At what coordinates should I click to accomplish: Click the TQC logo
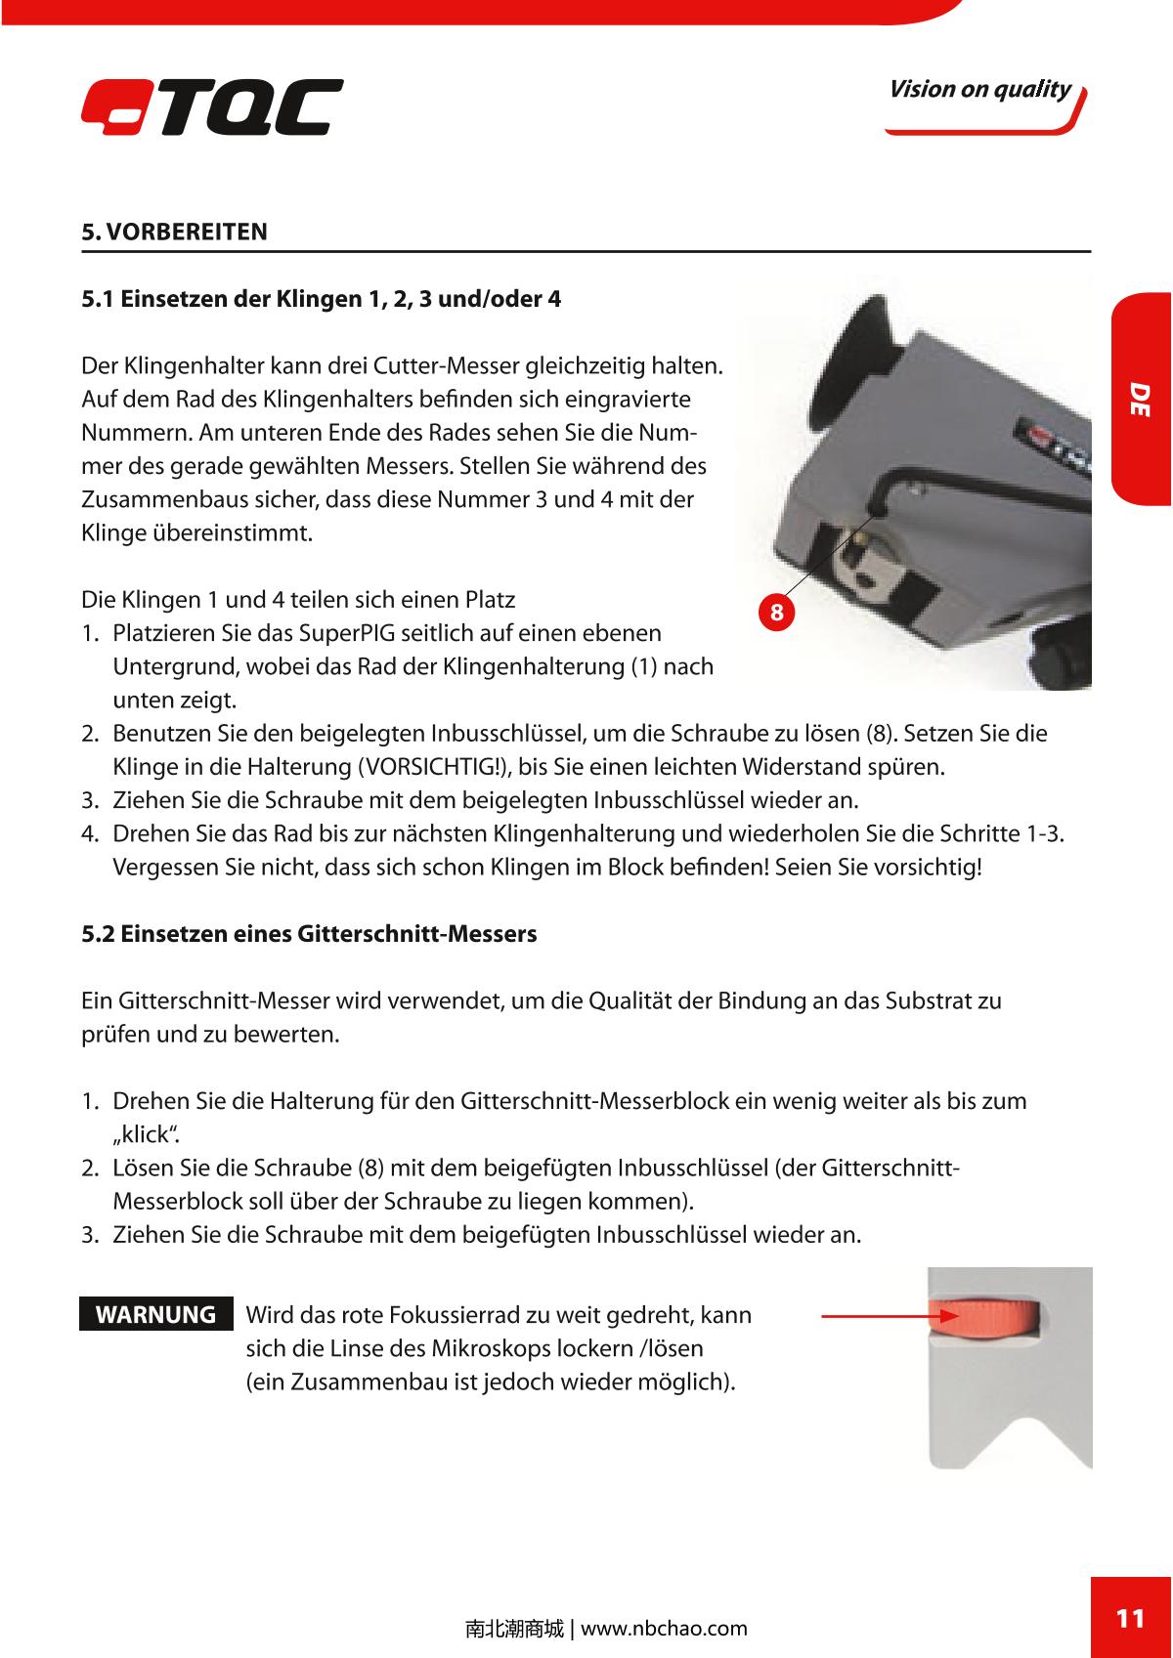tap(212, 106)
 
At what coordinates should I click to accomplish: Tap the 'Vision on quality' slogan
tap(979, 90)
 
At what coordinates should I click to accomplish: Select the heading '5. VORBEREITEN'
tap(174, 233)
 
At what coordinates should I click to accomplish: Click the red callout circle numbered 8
tap(776, 613)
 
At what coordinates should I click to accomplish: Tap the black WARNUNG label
tap(156, 1314)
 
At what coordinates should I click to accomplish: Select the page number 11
tap(1130, 1618)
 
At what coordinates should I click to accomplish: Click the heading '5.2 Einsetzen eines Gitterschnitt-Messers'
tap(309, 934)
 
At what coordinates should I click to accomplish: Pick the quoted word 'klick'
tap(146, 1135)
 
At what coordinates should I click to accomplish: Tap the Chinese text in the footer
tap(514, 1629)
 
